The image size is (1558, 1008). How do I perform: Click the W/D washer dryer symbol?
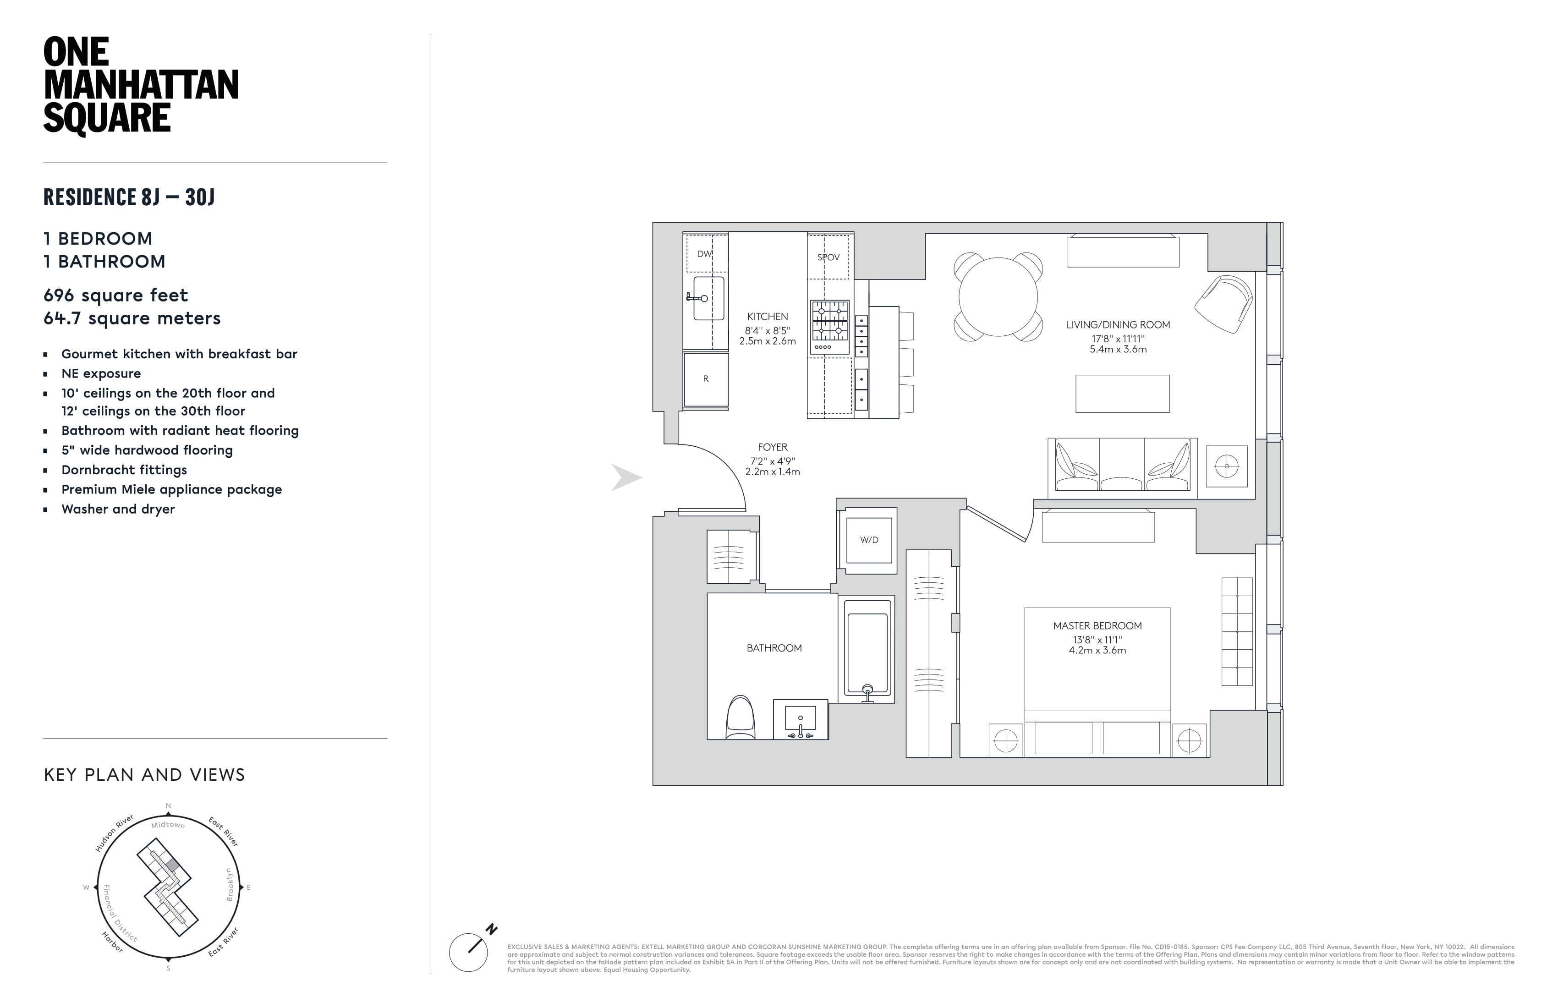pos(869,540)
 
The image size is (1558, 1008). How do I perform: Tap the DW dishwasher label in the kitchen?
pos(704,254)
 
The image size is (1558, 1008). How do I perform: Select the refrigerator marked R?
pos(706,379)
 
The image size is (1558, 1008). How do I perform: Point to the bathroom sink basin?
pos(800,719)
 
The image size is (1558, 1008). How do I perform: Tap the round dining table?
pos(998,296)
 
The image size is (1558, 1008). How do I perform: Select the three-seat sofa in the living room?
pos(1122,465)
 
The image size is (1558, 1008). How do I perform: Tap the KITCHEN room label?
pos(767,316)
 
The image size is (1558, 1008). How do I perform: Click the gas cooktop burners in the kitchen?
pos(829,321)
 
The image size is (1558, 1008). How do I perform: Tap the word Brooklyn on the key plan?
pos(230,884)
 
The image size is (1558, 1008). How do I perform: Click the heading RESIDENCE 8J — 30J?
pos(129,197)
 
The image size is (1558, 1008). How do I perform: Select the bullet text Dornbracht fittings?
pos(124,470)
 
